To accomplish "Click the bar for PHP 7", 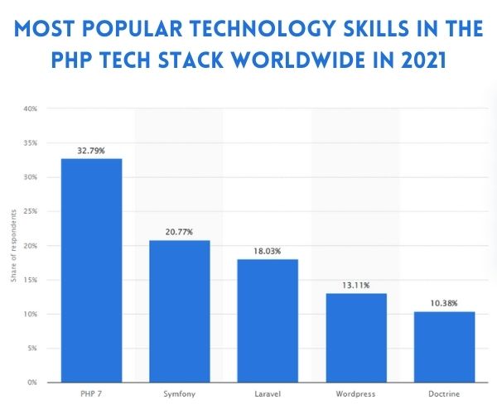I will (x=90, y=271).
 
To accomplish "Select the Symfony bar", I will (x=179, y=311).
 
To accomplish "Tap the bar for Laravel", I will (x=268, y=320).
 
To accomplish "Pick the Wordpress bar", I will (x=356, y=338).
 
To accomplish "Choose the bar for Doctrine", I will (x=445, y=347).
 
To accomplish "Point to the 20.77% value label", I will (x=179, y=233).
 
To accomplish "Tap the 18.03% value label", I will (x=268, y=251).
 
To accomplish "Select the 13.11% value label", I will (x=356, y=285).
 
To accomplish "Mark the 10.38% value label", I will (x=445, y=303).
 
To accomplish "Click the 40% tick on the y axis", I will (x=31, y=108).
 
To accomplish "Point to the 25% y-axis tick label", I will (x=31, y=211).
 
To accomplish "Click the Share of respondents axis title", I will (x=14, y=246).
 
